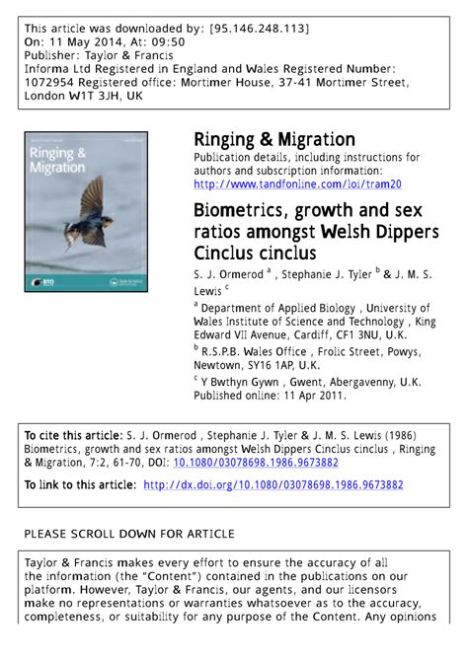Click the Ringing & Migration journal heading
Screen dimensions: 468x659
pos(273,139)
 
